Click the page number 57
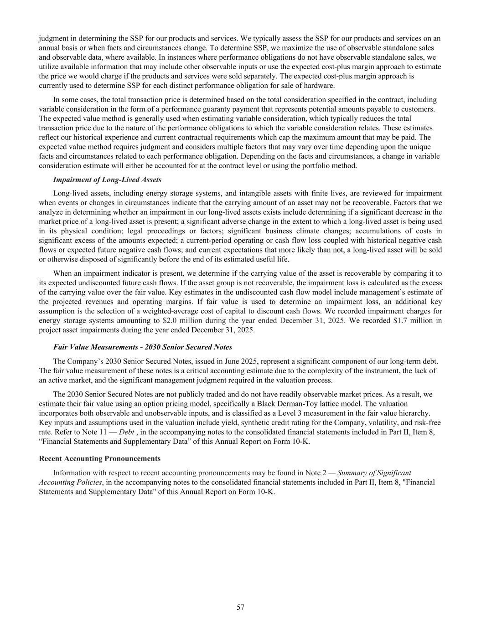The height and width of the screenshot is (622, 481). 240,607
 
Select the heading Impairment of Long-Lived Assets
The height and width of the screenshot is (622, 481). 107,180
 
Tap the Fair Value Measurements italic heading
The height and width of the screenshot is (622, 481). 143,347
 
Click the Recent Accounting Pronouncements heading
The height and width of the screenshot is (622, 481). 100,458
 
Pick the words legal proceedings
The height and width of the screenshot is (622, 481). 153,231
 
